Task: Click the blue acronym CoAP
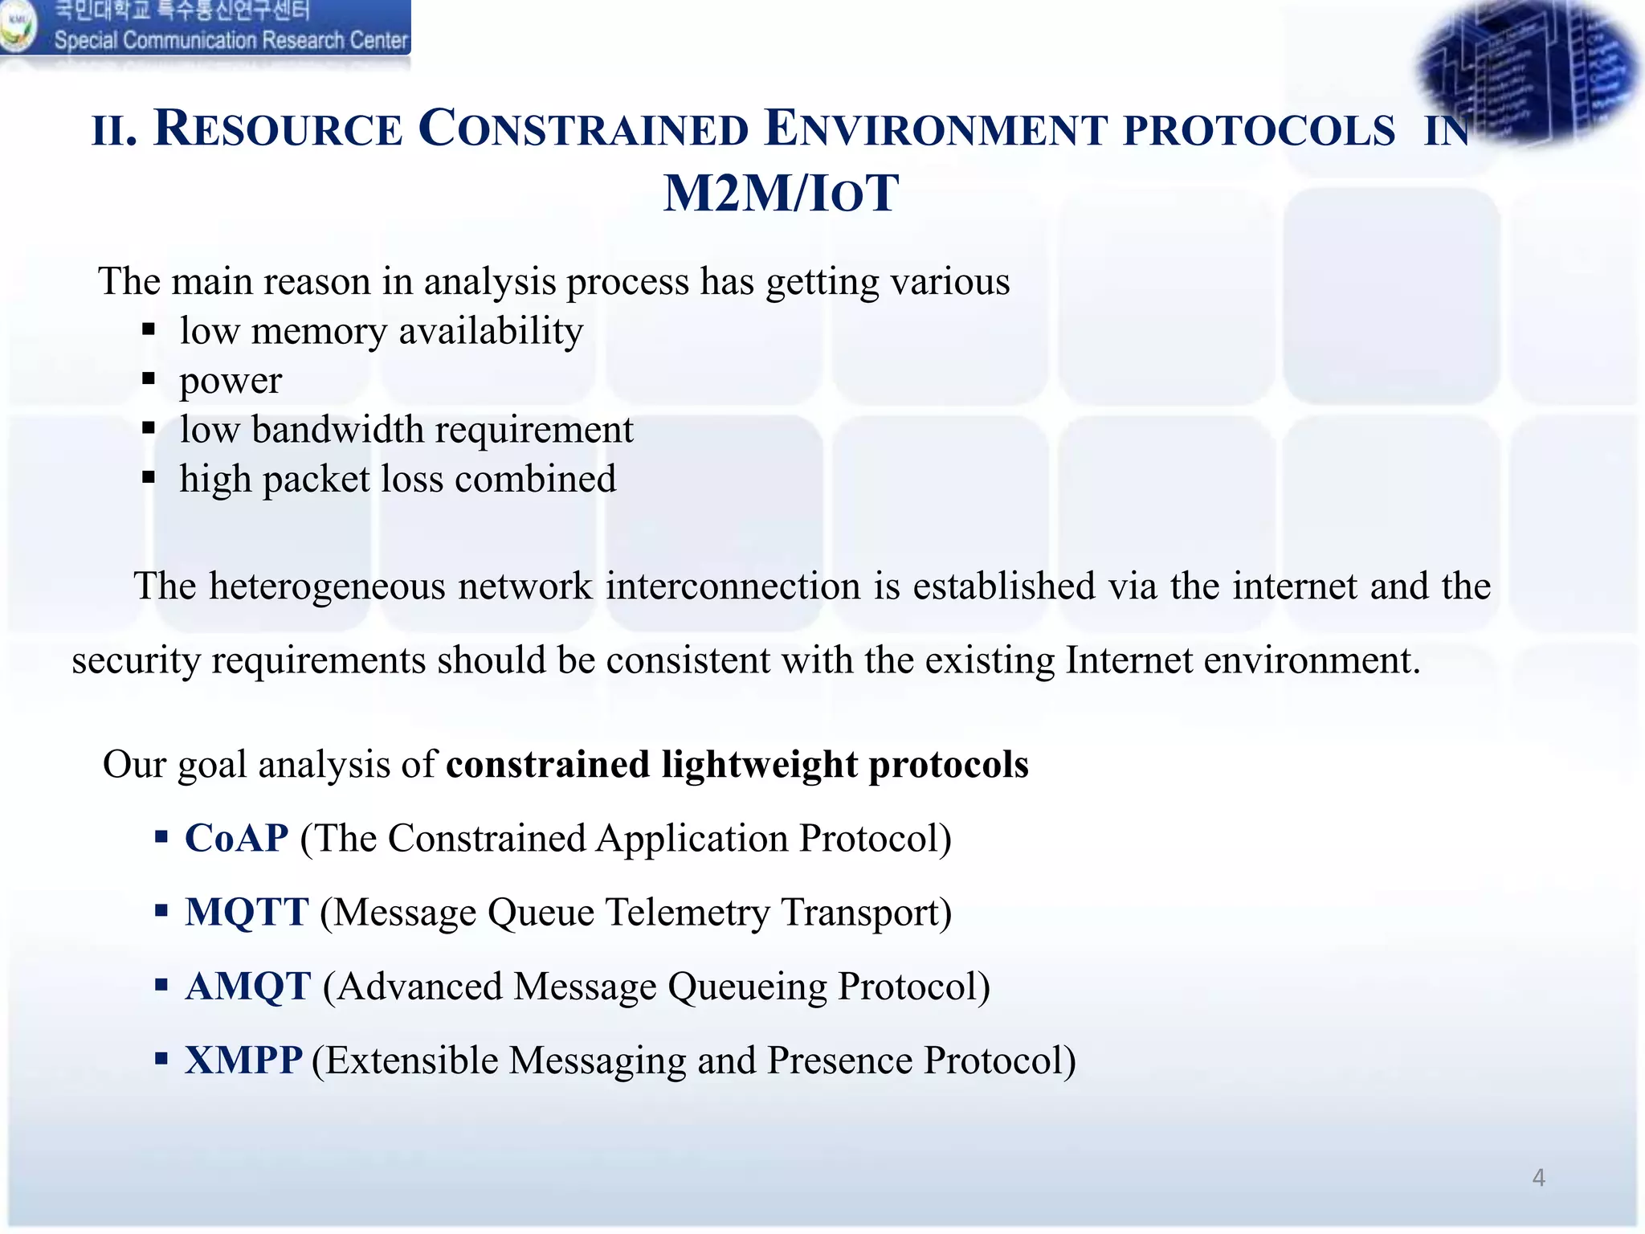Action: tap(236, 838)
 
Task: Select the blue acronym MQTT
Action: tap(246, 912)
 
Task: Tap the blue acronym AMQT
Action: tap(247, 986)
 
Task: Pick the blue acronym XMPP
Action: tap(243, 1060)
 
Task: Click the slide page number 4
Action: tap(1538, 1178)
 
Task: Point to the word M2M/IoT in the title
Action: tap(781, 194)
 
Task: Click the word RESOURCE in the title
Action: tap(277, 129)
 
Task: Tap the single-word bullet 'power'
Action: tap(231, 380)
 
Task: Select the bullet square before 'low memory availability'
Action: tap(149, 329)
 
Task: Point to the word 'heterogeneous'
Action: tap(327, 586)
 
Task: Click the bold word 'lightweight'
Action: tap(759, 764)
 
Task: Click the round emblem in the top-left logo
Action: tap(18, 26)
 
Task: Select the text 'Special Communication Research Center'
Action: tap(231, 40)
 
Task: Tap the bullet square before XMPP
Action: tap(161, 1058)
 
